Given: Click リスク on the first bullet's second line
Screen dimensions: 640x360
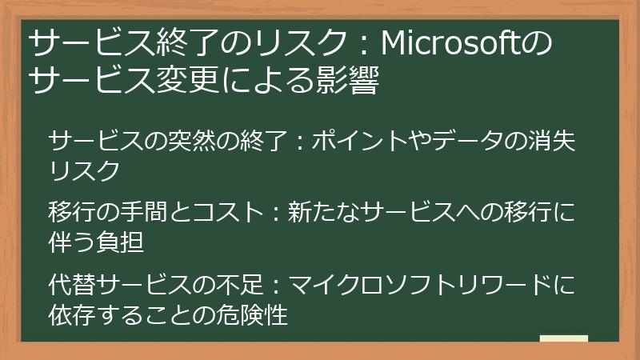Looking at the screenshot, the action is [84, 170].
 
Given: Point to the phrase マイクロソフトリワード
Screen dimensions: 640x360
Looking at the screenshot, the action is [420, 285].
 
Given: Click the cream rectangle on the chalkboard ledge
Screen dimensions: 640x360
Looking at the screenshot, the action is [564, 338].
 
